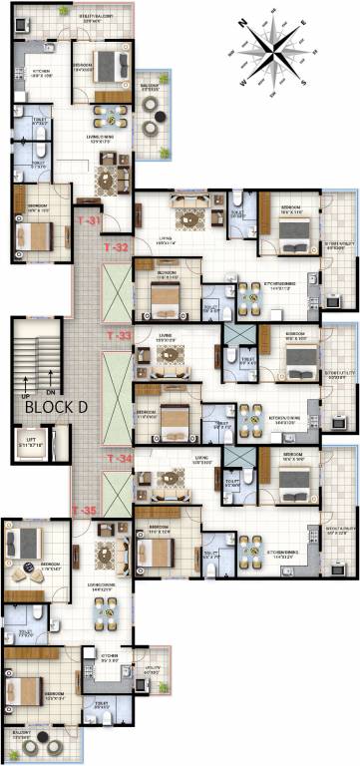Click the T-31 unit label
coord(90,219)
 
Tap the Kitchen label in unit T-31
coord(41,72)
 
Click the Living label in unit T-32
coord(168,238)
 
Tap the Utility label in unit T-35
coord(151,672)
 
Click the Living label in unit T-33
coord(165,337)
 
